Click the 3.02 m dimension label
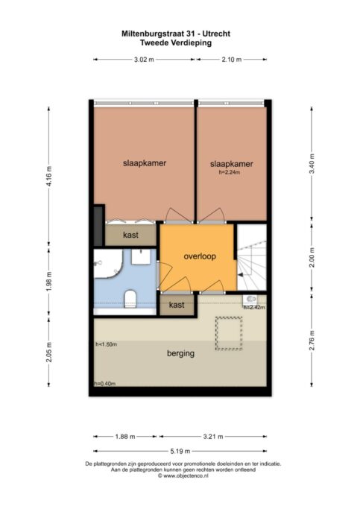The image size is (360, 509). [x=144, y=60]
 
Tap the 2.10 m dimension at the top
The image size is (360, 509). [x=232, y=60]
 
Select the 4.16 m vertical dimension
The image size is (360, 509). [x=49, y=177]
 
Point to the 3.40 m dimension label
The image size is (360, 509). [x=312, y=164]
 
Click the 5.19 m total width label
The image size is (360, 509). [x=180, y=451]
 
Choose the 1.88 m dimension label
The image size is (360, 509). [x=125, y=437]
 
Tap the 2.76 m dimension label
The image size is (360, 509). [x=312, y=341]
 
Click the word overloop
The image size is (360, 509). [x=200, y=256]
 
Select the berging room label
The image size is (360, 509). [x=181, y=353]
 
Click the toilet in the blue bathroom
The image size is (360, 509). [x=130, y=298]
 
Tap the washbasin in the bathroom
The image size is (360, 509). [x=141, y=257]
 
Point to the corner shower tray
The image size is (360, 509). [x=107, y=264]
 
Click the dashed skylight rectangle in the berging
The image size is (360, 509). [x=229, y=333]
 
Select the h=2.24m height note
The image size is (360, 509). [x=230, y=172]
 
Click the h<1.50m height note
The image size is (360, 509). [x=106, y=344]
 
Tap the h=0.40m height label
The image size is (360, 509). [x=105, y=384]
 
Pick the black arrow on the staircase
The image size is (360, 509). [x=241, y=275]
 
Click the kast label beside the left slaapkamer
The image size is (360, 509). [x=131, y=235]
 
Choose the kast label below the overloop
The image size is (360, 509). [x=177, y=305]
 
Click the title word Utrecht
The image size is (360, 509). [x=218, y=34]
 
